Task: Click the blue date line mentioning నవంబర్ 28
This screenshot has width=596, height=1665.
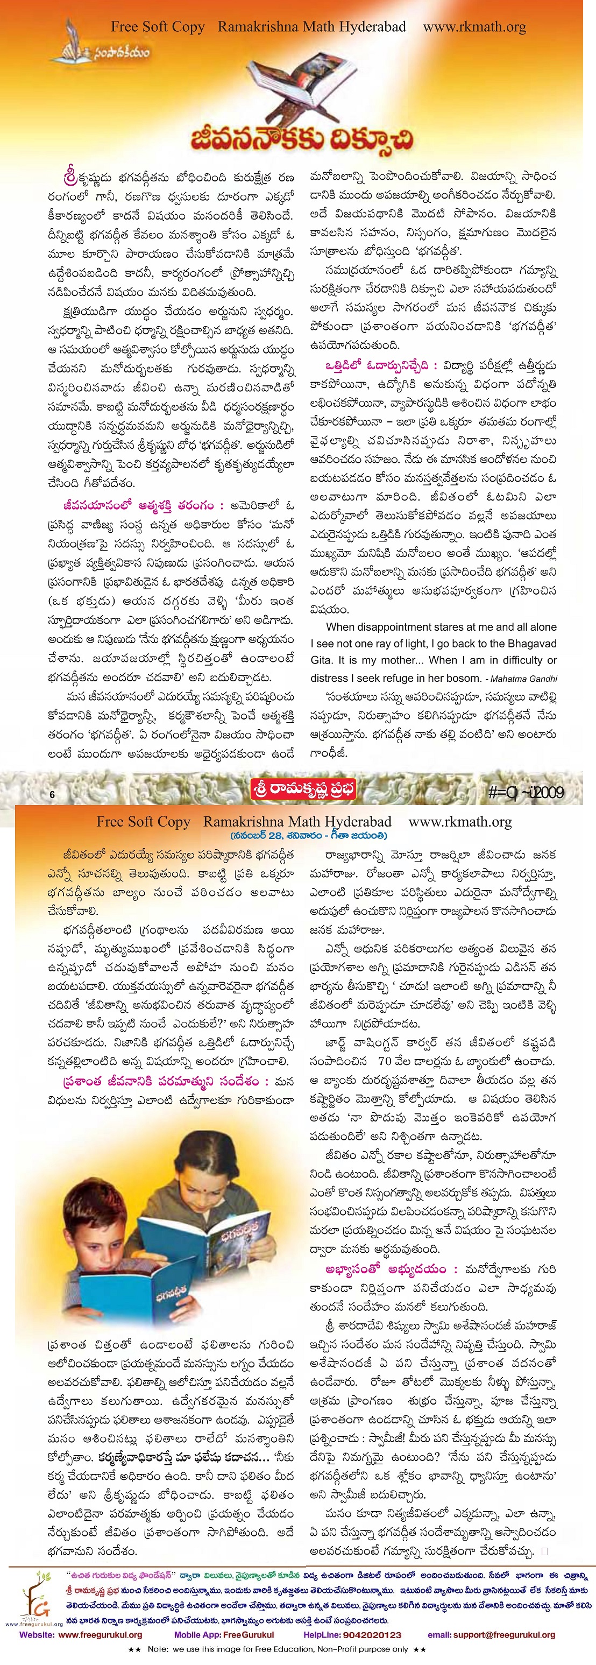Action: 308,836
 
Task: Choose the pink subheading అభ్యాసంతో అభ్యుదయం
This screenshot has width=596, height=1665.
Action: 386,1269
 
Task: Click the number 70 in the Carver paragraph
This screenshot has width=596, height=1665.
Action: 385,1061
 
